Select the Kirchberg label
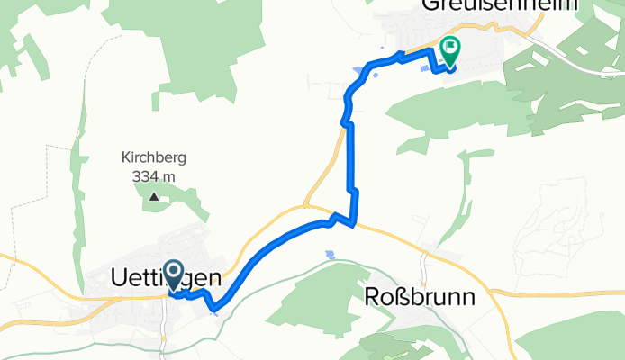tap(153, 157)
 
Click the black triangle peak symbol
tap(153, 196)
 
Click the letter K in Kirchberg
tap(125, 157)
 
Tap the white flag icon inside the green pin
tap(450, 47)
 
